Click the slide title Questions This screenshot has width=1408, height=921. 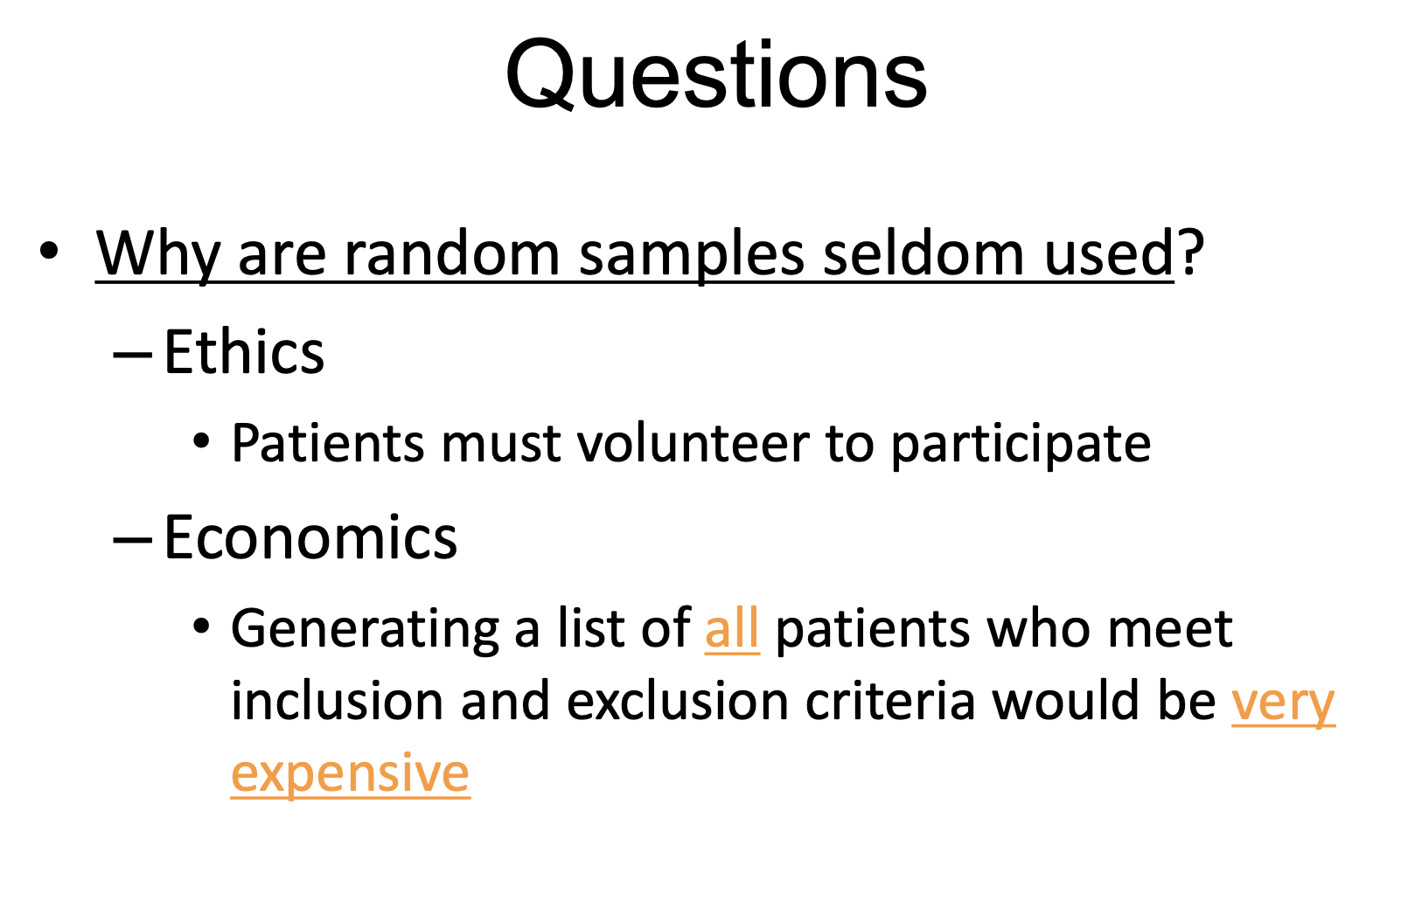pyautogui.click(x=716, y=75)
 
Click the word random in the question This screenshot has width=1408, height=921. pyautogui.click(x=452, y=252)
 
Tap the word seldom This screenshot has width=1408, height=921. pyautogui.click(x=924, y=252)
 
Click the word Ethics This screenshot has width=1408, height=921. pyautogui.click(x=244, y=352)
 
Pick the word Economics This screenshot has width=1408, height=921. pyautogui.click(x=310, y=537)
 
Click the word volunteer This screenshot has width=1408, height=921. pyautogui.click(x=694, y=443)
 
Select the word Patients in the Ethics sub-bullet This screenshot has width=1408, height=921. pyautogui.click(x=327, y=443)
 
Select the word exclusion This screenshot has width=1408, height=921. pyautogui.click(x=677, y=701)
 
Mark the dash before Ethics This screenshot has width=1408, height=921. pyautogui.click(x=133, y=355)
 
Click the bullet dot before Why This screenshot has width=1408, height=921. pyautogui.click(x=48, y=251)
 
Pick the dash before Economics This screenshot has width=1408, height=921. pyautogui.click(x=133, y=539)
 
